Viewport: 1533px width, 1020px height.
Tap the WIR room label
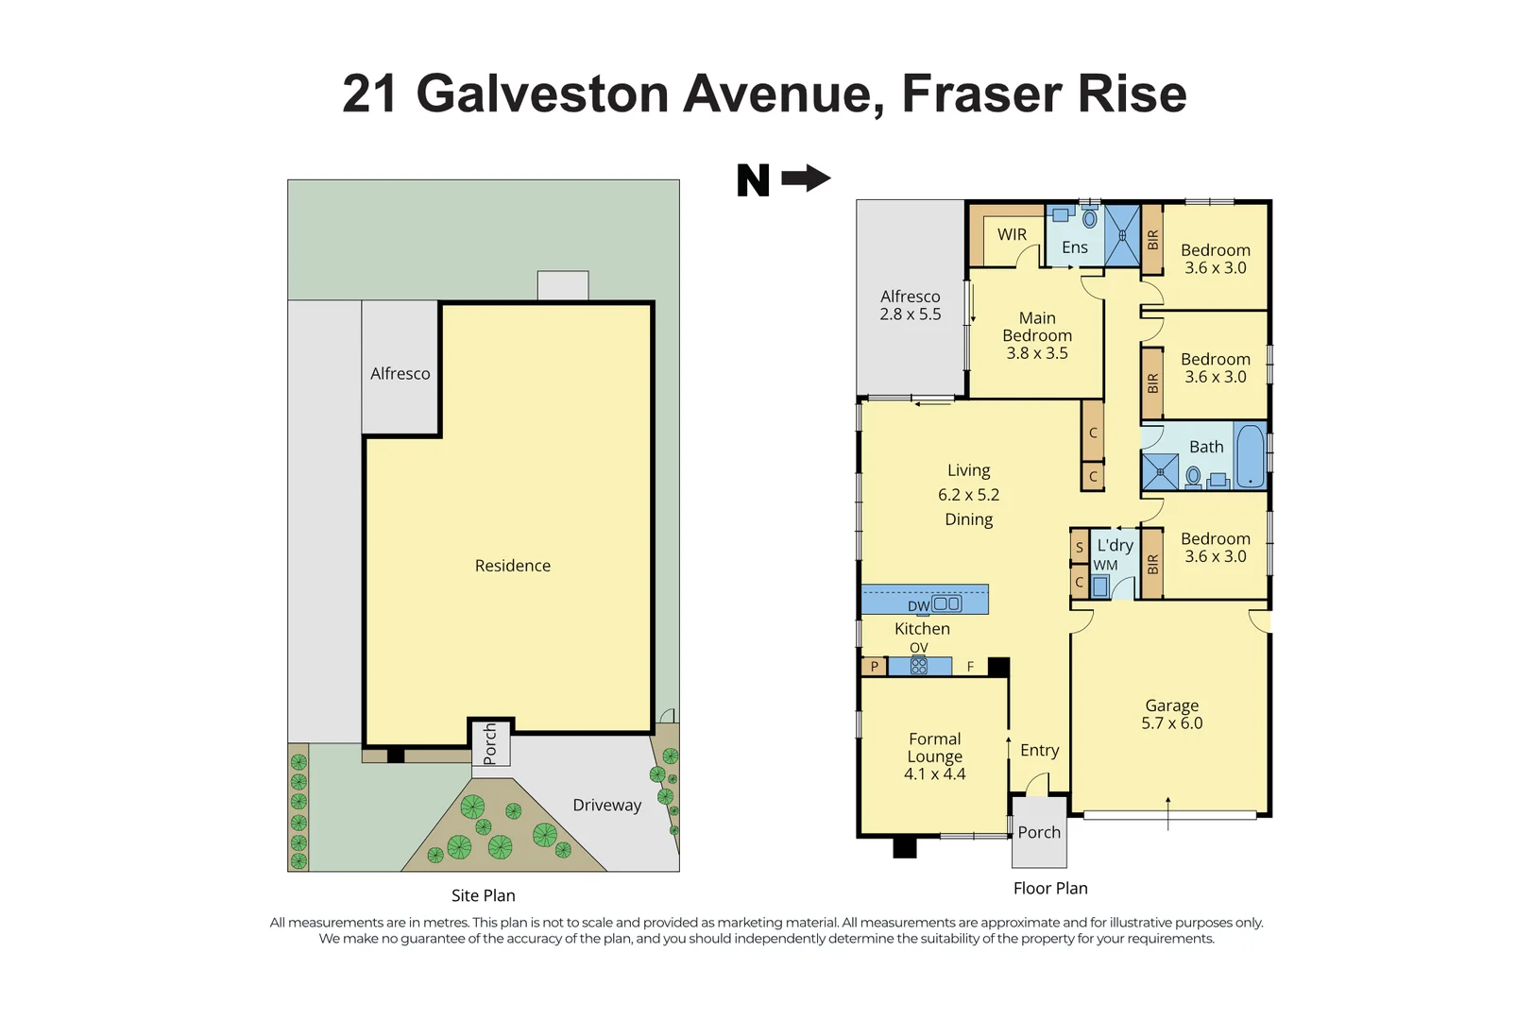(x=1012, y=234)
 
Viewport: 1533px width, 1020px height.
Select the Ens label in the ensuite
(x=1074, y=247)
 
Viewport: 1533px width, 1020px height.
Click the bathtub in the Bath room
(x=1250, y=456)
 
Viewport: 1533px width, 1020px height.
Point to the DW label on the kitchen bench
(x=918, y=606)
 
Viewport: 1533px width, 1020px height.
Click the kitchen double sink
(x=946, y=603)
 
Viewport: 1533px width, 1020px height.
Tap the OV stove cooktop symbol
(x=918, y=666)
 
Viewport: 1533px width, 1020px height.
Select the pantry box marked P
(x=875, y=667)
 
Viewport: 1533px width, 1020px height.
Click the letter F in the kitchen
(x=970, y=667)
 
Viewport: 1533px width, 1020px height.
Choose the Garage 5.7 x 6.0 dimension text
(x=1171, y=723)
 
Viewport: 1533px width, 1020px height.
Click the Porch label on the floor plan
(x=1039, y=832)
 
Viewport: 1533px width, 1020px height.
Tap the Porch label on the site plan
(x=489, y=743)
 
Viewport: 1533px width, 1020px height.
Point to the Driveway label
(x=606, y=805)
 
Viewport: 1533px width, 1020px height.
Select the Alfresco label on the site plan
(x=400, y=374)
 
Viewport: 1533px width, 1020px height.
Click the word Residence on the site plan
(x=512, y=566)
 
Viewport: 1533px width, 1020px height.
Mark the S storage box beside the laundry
(x=1080, y=547)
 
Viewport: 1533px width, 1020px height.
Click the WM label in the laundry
(x=1105, y=566)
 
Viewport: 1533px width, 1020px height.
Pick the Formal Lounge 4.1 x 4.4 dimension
(x=934, y=774)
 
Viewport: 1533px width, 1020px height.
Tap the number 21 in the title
(x=369, y=94)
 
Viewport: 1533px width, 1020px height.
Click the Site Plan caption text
(x=483, y=895)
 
